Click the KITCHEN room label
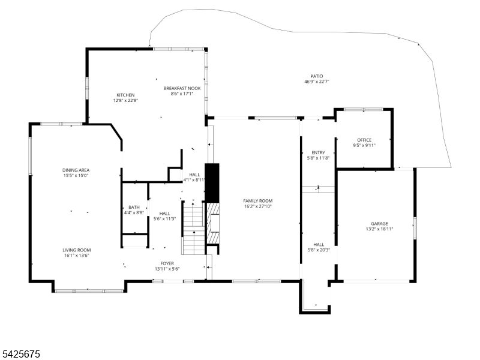[x=125, y=95]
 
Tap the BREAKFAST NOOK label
[x=182, y=88]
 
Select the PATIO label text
[x=317, y=76]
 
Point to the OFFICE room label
[x=364, y=140]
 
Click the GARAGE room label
[x=380, y=223]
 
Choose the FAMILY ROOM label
[x=258, y=201]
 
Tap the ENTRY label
[x=319, y=153]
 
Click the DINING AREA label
[x=76, y=170]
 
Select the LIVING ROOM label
[x=77, y=250]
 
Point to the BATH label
[x=134, y=207]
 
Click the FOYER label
[x=167, y=263]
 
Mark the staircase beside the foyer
[x=193, y=228]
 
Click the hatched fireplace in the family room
[x=214, y=223]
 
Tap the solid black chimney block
[x=212, y=183]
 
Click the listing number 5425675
[x=20, y=354]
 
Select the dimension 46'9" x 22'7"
[x=317, y=82]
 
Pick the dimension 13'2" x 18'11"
[x=380, y=229]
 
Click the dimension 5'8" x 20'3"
[x=319, y=250]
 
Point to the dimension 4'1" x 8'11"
[x=194, y=180]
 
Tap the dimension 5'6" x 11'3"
[x=164, y=219]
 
